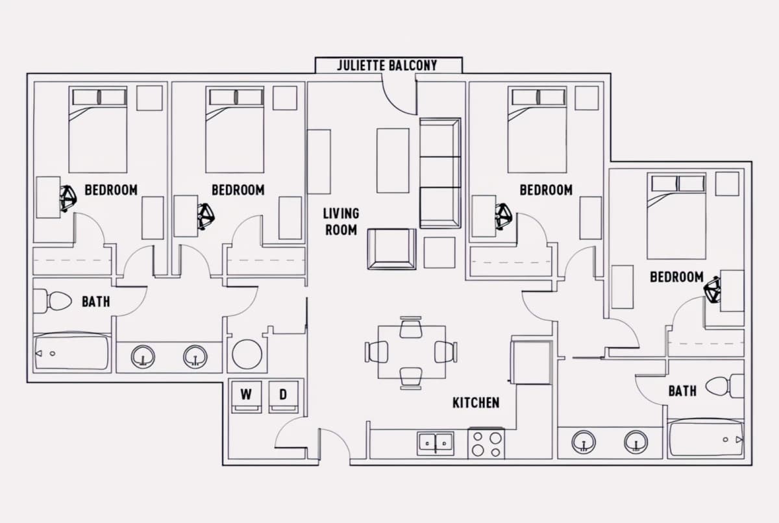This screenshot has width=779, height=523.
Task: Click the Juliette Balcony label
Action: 387,66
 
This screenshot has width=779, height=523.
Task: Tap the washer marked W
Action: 246,397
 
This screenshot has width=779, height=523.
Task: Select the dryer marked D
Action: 284,397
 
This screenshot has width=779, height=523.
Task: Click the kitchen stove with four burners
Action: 486,443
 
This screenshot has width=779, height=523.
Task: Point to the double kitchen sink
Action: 436,443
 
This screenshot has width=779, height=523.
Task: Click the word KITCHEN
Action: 476,403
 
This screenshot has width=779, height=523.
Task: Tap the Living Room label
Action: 341,222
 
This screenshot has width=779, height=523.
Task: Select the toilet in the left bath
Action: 52,300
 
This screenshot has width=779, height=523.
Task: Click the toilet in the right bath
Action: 724,386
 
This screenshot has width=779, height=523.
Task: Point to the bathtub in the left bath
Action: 71,352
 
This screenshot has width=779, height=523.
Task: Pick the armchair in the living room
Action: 392,249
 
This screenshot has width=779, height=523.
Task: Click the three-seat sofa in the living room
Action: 440,173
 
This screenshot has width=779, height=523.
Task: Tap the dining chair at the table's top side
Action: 411,327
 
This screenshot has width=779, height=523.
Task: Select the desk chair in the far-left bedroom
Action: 68,199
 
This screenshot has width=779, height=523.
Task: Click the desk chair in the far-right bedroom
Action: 712,289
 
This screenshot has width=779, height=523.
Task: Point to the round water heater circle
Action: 247,354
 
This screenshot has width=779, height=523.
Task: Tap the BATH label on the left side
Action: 96,302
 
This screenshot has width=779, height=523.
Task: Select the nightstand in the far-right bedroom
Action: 727,184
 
